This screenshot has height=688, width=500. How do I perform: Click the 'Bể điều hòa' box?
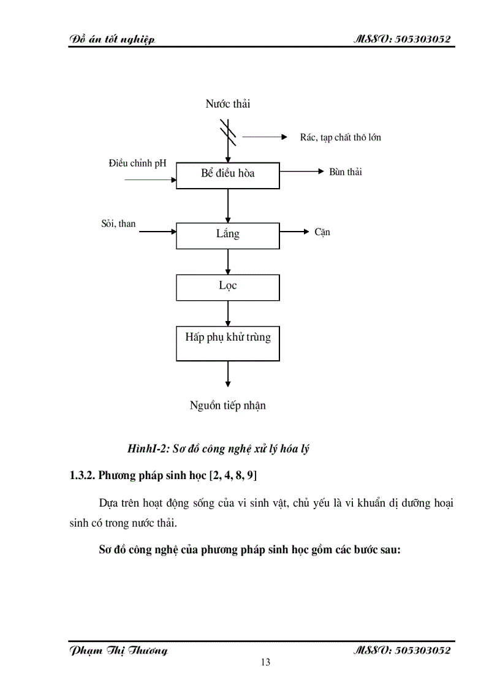[x=228, y=175]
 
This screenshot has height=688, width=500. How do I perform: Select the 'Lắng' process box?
[x=228, y=236]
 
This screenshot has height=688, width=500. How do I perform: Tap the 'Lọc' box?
[x=228, y=287]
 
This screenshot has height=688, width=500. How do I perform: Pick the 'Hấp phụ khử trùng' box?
[x=228, y=343]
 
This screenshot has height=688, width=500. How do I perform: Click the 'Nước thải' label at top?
[x=228, y=104]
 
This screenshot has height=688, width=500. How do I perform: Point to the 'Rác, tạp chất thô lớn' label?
[x=340, y=137]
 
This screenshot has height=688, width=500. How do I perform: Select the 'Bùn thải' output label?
[x=346, y=172]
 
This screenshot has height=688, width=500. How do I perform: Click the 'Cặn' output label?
[x=322, y=232]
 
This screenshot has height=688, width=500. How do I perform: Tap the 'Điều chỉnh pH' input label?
[x=138, y=164]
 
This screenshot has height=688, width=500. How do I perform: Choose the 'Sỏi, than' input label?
[x=119, y=224]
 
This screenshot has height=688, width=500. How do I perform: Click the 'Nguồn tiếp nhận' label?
[x=228, y=405]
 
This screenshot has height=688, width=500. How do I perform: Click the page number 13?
[x=265, y=662]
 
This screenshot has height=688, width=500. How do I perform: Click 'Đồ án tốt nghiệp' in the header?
[x=112, y=40]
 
